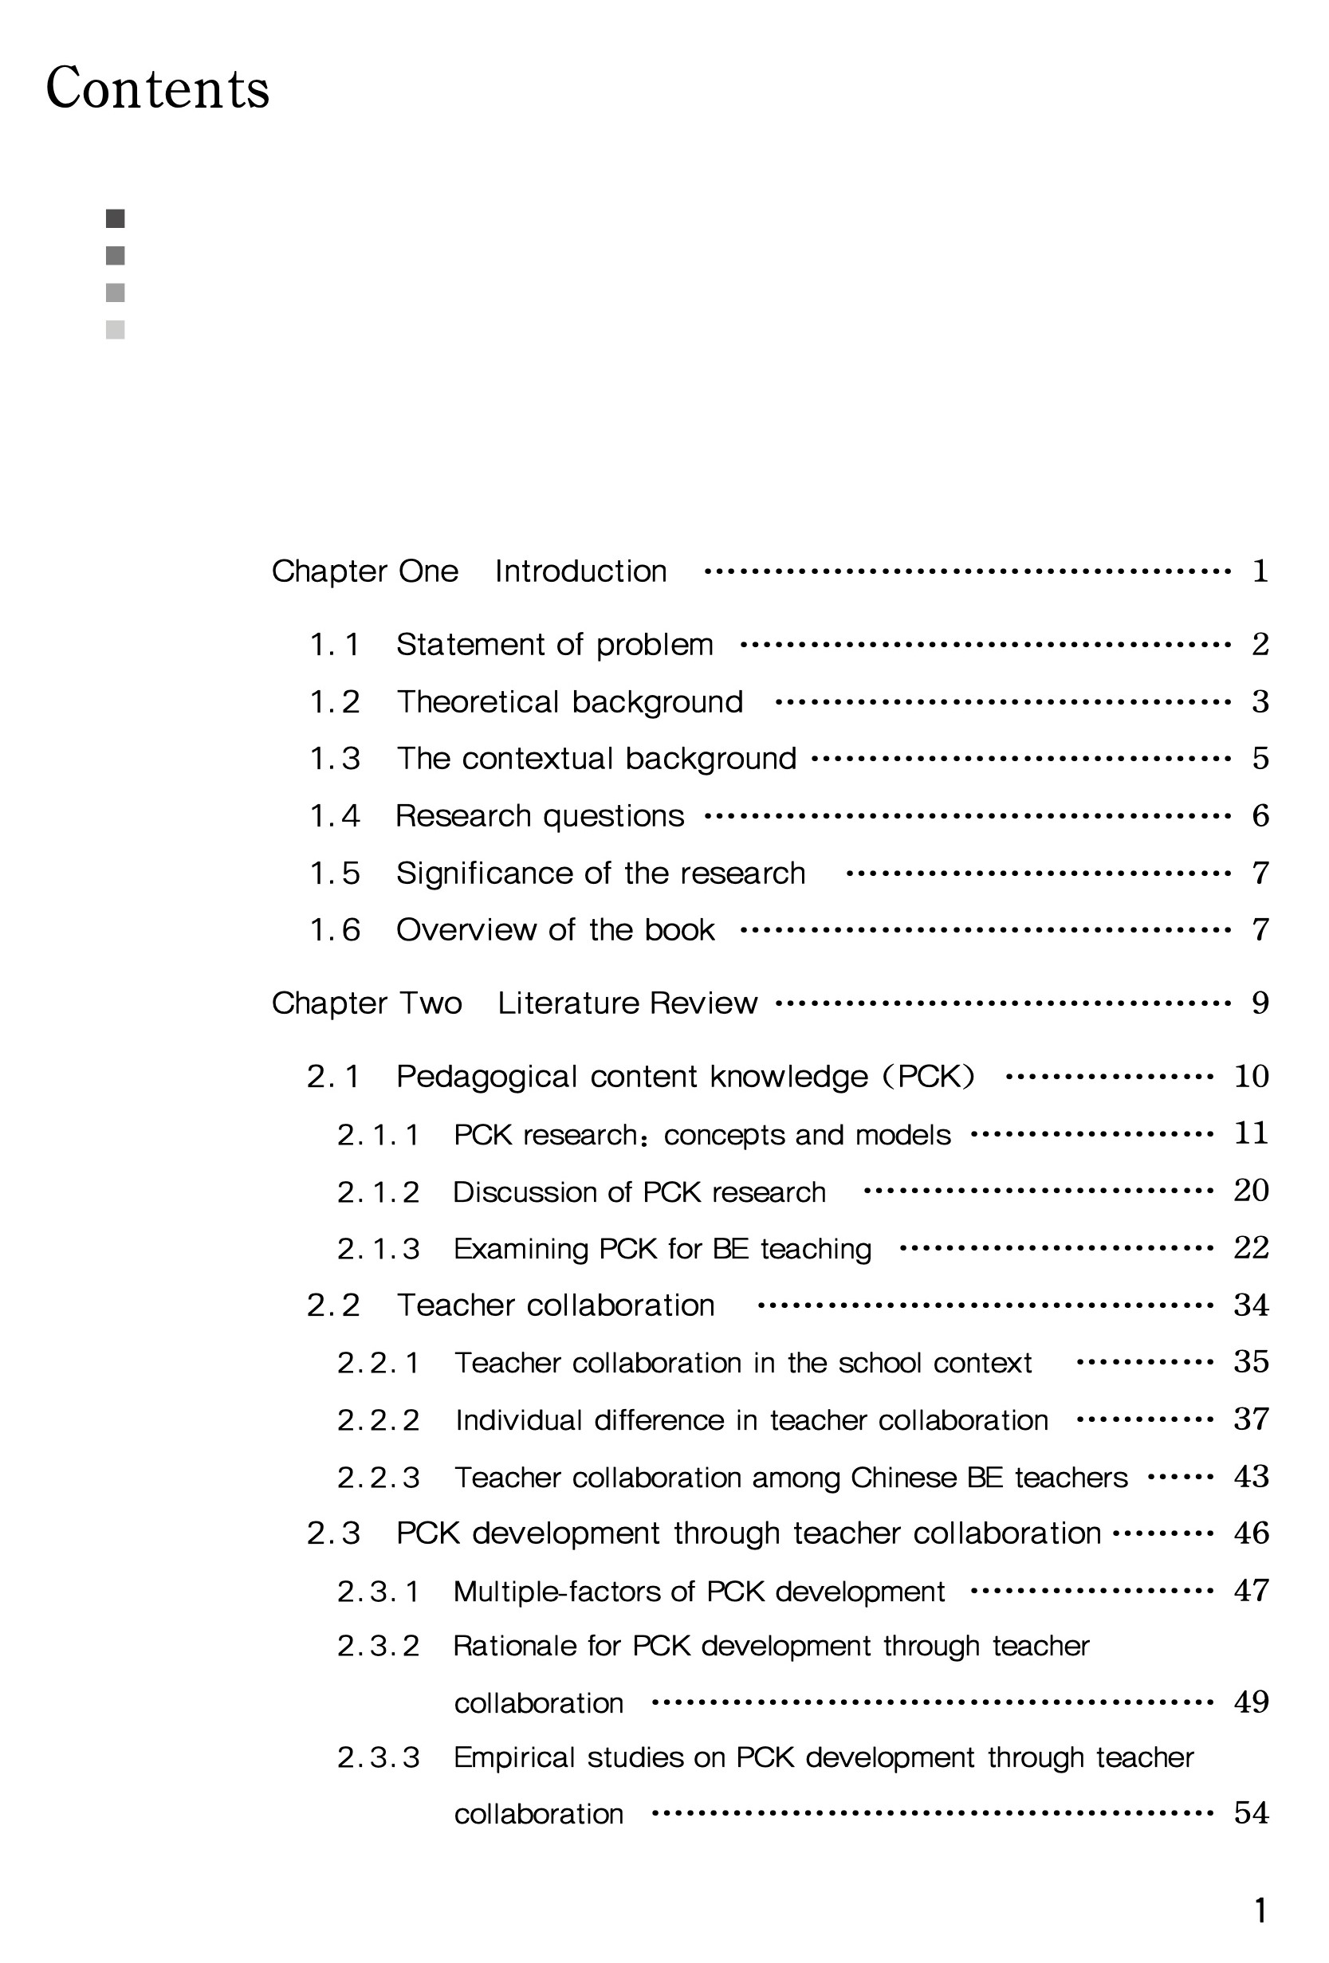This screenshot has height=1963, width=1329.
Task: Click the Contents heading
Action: [x=157, y=88]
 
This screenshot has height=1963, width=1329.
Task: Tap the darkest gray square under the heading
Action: [x=115, y=218]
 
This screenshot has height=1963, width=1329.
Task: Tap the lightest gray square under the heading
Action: [x=115, y=329]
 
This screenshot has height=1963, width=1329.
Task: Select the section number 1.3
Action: [x=335, y=759]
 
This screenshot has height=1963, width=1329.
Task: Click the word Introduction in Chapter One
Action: [x=580, y=571]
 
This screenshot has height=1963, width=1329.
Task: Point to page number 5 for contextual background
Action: [x=1260, y=759]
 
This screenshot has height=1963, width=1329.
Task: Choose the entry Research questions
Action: [x=539, y=816]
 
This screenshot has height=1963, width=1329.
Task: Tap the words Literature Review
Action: [x=627, y=1003]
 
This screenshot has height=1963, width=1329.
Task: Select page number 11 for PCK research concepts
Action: [x=1250, y=1133]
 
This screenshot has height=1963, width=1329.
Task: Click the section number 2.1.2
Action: [x=378, y=1192]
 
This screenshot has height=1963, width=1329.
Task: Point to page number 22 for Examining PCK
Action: [x=1250, y=1247]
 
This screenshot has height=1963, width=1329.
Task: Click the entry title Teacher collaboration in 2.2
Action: [x=555, y=1305]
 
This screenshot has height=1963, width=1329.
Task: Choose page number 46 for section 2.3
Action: [x=1250, y=1533]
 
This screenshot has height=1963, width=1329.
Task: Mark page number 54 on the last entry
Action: [x=1250, y=1813]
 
